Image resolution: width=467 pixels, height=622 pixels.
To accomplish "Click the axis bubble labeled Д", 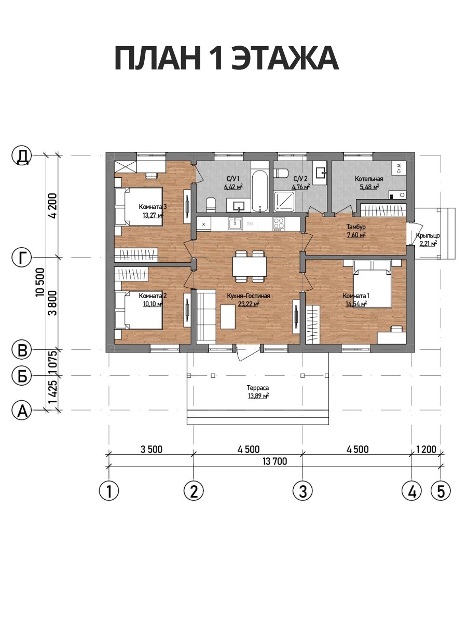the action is pyautogui.click(x=22, y=155).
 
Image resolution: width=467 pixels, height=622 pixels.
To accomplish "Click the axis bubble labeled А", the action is pyautogui.click(x=22, y=410).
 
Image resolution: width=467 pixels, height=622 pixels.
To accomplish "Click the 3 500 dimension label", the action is pyautogui.click(x=151, y=450).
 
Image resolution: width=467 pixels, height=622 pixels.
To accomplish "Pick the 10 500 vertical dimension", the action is pyautogui.click(x=40, y=282).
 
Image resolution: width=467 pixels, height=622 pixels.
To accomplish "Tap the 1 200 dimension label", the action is pyautogui.click(x=426, y=450).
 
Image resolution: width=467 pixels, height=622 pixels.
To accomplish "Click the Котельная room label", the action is pyautogui.click(x=369, y=179).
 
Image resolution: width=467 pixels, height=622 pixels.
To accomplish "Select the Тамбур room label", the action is pyautogui.click(x=356, y=227).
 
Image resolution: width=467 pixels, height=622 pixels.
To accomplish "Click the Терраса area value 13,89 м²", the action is pyautogui.click(x=258, y=396).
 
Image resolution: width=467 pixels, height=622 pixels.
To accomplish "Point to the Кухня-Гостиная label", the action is pyautogui.click(x=249, y=296).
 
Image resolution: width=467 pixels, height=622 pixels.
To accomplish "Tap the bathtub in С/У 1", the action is pyautogui.click(x=260, y=191).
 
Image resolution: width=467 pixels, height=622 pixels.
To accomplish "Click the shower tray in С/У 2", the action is pyautogui.click(x=284, y=202).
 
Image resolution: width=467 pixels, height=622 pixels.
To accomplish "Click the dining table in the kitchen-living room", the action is pyautogui.click(x=250, y=266).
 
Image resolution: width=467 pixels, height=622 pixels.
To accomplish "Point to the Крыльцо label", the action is pyautogui.click(x=428, y=235).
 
